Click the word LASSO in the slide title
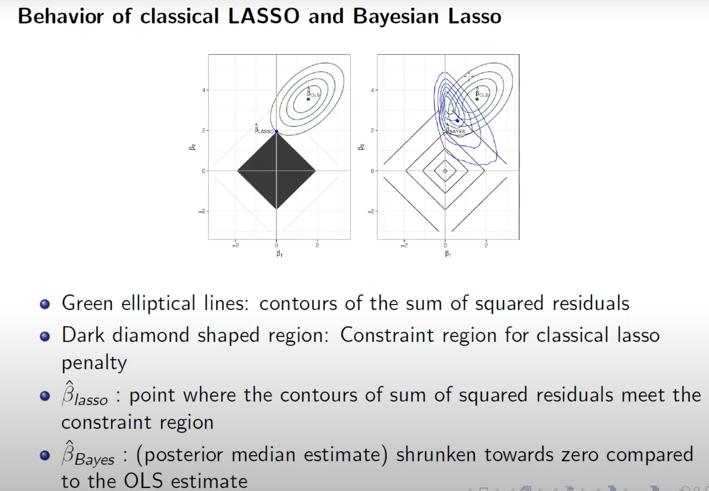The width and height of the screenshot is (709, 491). [264, 16]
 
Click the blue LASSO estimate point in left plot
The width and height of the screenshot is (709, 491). [276, 132]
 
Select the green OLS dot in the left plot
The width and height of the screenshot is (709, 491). [308, 99]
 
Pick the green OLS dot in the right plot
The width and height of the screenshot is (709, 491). [477, 99]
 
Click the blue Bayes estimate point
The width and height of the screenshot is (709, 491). [458, 121]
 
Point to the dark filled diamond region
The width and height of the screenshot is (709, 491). [276, 171]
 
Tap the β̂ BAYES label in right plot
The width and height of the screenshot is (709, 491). [456, 129]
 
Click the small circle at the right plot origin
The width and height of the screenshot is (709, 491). [445, 171]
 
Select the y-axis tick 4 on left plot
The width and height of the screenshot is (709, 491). [204, 90]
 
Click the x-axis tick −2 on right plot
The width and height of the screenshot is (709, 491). [404, 245]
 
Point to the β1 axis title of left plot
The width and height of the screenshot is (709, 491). [279, 254]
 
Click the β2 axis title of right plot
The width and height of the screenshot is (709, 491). [361, 147]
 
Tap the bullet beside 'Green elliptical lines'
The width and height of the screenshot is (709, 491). [45, 304]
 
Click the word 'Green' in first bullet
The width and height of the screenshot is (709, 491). [87, 303]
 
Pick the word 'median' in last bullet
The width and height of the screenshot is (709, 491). [263, 454]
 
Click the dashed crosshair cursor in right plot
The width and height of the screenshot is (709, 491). [469, 76]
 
